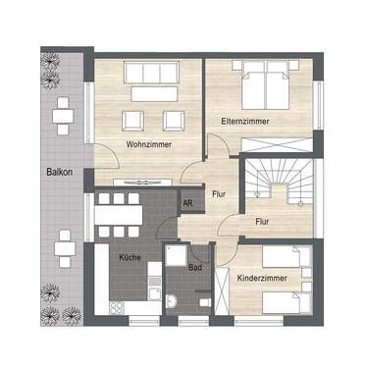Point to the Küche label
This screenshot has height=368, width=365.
[x=130, y=256]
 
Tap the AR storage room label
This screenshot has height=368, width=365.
[x=186, y=202]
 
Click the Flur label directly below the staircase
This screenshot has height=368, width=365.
[x=263, y=221]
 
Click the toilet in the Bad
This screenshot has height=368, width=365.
[x=174, y=304]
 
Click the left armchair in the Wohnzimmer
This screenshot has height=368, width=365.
[x=129, y=121]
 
